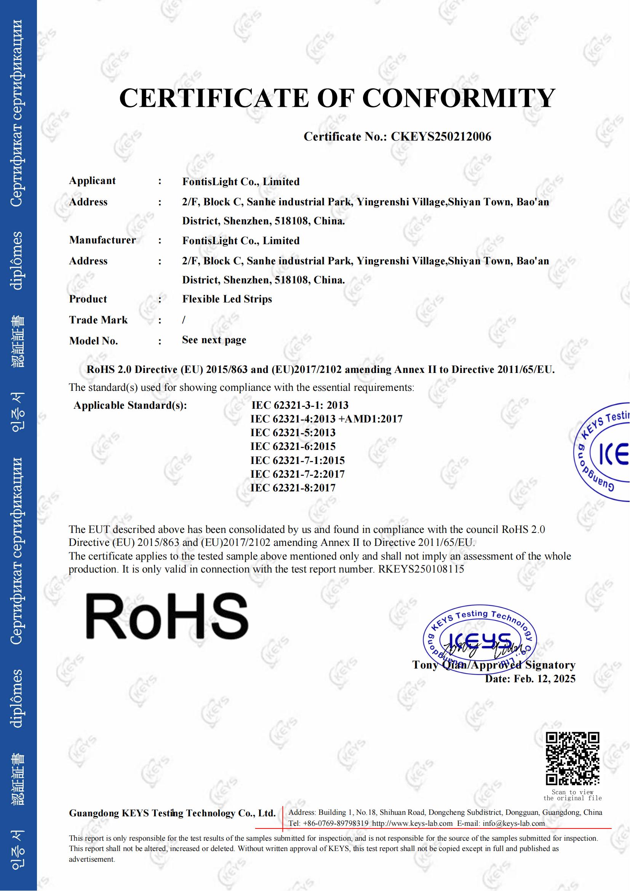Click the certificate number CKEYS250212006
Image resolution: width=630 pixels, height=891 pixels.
tap(441, 137)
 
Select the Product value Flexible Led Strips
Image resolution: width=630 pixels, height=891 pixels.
tap(227, 299)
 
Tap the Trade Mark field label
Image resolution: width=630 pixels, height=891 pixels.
tap(98, 320)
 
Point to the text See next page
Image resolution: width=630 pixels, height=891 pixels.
tap(214, 340)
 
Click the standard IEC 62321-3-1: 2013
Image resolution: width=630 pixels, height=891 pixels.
tap(299, 405)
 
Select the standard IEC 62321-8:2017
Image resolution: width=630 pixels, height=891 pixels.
tap(293, 488)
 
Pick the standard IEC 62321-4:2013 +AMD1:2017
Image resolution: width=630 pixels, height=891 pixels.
tap(326, 419)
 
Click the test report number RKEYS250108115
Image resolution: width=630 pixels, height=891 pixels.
tap(421, 569)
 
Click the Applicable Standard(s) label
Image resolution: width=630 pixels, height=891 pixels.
tap(130, 406)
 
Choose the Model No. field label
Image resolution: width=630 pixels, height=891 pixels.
tap(93, 341)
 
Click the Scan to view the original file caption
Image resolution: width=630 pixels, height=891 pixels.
tap(572, 795)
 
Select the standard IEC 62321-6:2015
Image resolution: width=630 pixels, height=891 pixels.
tap(293, 447)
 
